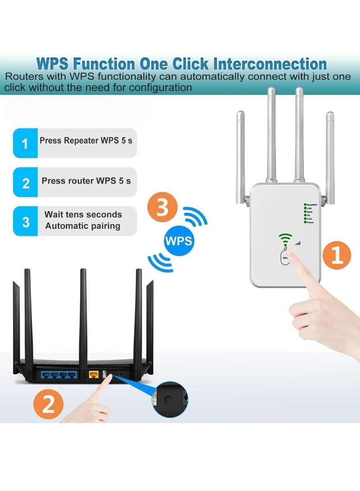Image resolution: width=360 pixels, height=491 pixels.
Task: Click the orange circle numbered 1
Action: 337,256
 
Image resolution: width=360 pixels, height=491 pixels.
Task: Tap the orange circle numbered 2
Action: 49,404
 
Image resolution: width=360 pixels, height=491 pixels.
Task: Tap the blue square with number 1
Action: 25,143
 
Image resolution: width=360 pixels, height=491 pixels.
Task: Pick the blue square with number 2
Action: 25,182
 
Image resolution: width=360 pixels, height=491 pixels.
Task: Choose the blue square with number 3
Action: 25,221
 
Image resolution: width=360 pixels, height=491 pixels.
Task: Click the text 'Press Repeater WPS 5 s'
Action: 86,140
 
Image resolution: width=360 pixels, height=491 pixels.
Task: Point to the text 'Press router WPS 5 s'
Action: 86,180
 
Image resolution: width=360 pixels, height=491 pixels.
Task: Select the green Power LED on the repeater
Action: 306,223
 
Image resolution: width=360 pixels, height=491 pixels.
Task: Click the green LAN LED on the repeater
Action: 306,208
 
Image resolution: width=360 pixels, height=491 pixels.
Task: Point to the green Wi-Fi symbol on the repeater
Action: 284,238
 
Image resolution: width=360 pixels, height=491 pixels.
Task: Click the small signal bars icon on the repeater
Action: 297,243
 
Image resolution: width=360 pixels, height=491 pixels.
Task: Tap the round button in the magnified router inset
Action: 169,399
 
